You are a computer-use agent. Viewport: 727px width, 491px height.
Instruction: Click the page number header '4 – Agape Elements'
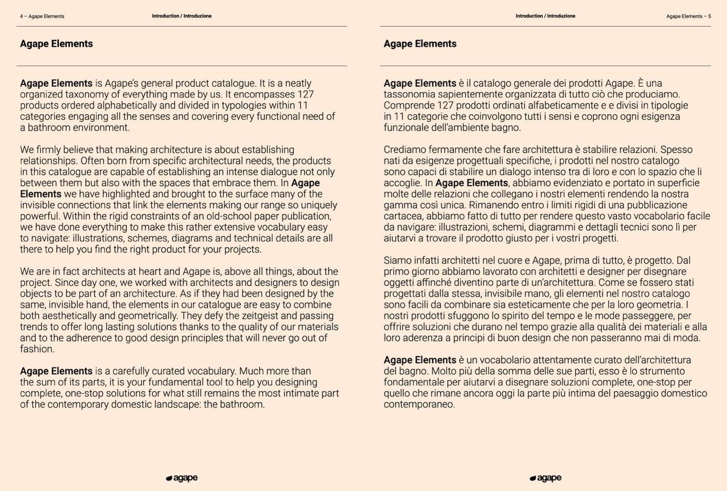pos(42,16)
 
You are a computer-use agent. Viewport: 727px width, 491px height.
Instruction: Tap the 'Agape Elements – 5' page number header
pos(688,16)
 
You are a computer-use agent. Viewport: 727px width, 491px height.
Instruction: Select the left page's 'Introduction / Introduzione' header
pos(182,16)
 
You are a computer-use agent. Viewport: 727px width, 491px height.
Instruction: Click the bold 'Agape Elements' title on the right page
pos(420,44)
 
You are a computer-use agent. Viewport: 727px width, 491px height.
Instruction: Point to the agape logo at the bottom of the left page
pos(182,478)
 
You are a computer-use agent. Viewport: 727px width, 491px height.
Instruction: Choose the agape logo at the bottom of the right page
pos(545,478)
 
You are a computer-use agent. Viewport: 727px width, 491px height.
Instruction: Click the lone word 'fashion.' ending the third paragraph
pos(37,349)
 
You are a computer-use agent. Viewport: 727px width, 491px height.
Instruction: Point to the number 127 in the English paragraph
pos(305,95)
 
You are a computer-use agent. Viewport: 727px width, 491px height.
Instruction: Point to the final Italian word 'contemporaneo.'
pos(419,404)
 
